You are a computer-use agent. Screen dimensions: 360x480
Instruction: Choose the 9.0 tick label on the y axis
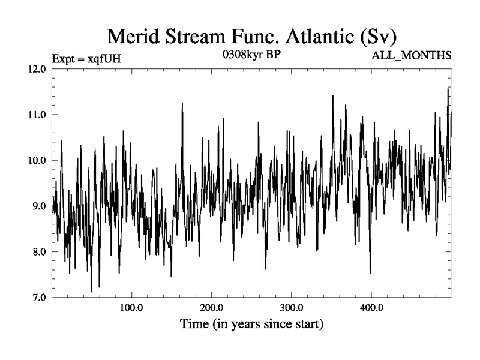click(39, 206)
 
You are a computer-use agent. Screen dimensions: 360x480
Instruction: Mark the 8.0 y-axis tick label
click(39, 251)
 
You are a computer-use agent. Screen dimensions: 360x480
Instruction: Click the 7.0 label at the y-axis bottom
click(39, 297)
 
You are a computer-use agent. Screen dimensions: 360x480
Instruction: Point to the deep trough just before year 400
click(370, 272)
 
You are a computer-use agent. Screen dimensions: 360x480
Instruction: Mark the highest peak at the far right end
click(448, 89)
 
